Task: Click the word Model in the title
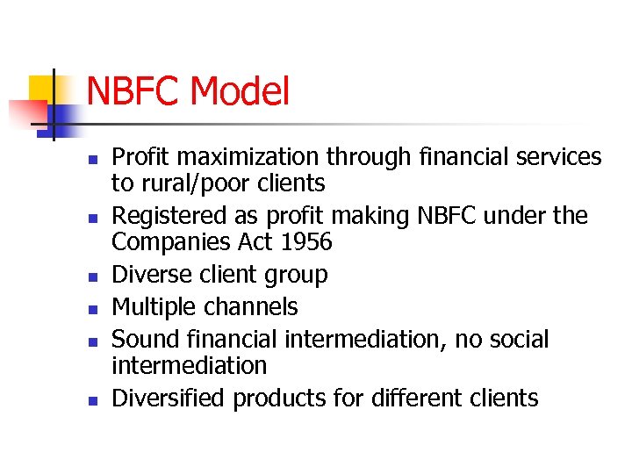[x=239, y=92]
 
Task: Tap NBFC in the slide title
[x=133, y=92]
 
